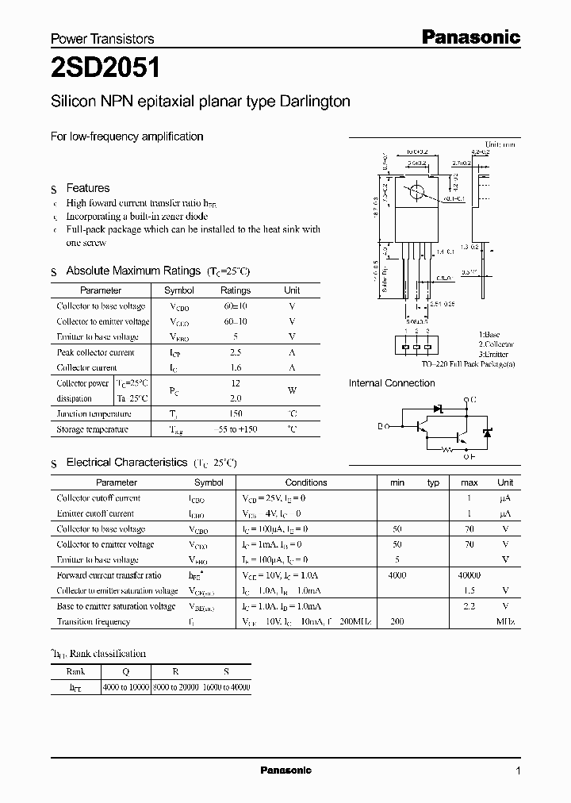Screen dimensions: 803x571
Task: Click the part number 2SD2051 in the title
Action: click(105, 68)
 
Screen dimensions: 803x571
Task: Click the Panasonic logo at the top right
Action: click(469, 36)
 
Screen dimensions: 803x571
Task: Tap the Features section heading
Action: click(87, 188)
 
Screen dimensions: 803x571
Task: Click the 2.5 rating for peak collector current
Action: click(235, 352)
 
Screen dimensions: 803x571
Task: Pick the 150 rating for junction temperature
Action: click(235, 413)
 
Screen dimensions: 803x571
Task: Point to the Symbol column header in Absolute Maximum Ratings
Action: click(178, 290)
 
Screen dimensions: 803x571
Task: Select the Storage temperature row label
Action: click(92, 429)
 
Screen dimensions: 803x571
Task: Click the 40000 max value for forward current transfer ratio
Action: click(469, 575)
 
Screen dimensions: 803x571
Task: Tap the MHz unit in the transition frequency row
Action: click(505, 622)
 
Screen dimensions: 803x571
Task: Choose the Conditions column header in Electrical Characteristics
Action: click(306, 482)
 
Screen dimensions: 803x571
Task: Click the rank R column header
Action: click(176, 671)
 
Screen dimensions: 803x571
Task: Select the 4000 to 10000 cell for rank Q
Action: click(126, 687)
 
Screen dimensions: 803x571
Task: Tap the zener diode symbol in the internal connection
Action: click(487, 432)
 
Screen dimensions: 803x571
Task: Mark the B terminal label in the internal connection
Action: click(379, 426)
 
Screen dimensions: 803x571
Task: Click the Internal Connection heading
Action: click(392, 383)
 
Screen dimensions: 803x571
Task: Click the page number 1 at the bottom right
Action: click(518, 770)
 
